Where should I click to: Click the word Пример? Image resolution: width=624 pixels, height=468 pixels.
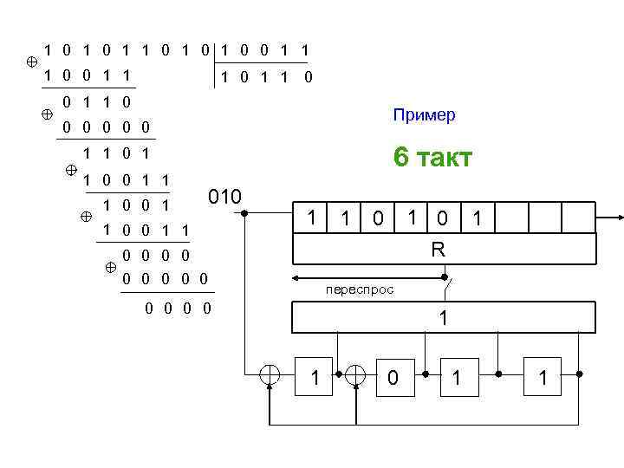pos(424,115)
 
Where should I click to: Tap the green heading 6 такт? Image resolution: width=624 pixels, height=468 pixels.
pos(432,158)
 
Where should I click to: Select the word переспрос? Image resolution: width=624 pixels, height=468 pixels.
pos(360,290)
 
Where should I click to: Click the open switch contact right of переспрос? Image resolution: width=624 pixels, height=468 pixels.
pos(447,280)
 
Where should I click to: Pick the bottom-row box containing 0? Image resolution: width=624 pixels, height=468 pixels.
pos(393,377)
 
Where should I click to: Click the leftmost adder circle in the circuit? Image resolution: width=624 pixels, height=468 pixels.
pos(270,375)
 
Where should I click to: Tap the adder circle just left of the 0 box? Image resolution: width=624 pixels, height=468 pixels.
pos(356,375)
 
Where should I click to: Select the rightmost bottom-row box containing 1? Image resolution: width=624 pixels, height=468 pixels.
pos(543,377)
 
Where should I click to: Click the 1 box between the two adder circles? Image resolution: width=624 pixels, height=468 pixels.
pos(315,377)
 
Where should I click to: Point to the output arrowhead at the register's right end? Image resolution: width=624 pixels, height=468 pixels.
pos(618,218)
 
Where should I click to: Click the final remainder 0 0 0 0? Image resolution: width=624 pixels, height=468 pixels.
pos(180,309)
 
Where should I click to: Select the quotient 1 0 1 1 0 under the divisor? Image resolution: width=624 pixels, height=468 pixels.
pos(266,77)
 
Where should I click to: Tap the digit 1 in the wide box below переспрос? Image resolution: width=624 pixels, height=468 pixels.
pos(444,318)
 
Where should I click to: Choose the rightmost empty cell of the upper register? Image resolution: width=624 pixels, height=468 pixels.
pos(580,219)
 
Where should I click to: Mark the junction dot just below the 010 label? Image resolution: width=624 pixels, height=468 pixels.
pos(244,212)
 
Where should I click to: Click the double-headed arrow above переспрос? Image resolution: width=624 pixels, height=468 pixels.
pos(368,279)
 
